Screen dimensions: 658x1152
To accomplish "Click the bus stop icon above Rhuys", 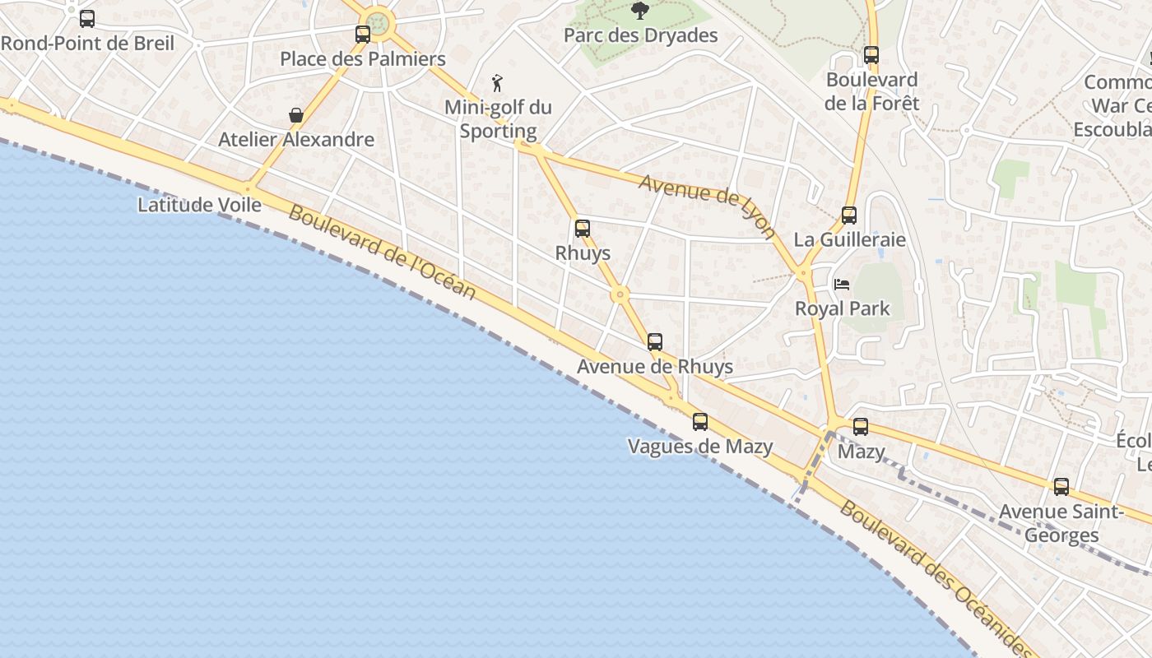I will [x=583, y=229].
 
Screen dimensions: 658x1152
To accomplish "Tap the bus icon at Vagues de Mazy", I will [x=700, y=422].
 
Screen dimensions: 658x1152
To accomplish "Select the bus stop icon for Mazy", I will [x=861, y=427].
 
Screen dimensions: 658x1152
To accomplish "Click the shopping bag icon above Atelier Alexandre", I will [x=296, y=115].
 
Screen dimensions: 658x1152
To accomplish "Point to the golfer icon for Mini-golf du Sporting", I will [x=497, y=83].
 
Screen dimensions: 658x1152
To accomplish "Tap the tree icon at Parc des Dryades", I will [x=640, y=11].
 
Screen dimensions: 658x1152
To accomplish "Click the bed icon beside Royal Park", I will [x=842, y=285].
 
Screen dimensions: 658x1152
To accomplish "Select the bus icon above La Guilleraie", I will [x=849, y=215].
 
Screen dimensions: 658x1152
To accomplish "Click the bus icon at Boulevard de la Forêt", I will [x=871, y=55].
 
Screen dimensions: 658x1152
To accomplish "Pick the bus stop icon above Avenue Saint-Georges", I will [x=1061, y=487].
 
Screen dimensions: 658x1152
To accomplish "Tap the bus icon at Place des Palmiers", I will [x=363, y=35].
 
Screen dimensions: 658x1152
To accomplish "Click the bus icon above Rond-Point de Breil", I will [x=87, y=18].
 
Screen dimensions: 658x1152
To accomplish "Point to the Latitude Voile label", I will [x=199, y=205].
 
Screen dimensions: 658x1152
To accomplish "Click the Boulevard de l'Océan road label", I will [x=383, y=253].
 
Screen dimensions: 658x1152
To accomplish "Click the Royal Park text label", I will [x=843, y=308].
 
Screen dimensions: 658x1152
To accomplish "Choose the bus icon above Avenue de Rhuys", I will [x=655, y=342].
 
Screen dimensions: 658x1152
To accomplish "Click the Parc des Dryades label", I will [x=640, y=35].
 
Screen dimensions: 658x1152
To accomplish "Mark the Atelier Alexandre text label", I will [x=296, y=140].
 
